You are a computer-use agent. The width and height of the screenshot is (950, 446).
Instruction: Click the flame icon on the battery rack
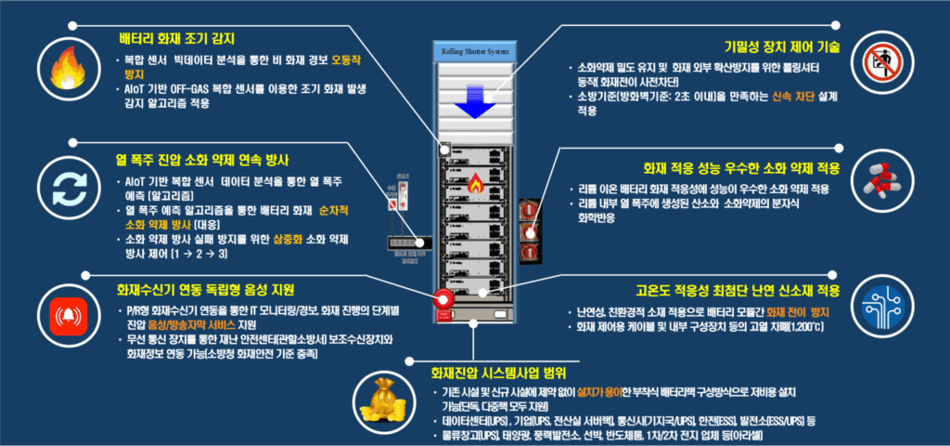point(473,180)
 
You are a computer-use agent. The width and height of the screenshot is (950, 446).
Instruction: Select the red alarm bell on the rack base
point(443,299)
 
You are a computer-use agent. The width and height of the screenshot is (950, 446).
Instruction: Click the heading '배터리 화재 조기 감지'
point(176,39)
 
